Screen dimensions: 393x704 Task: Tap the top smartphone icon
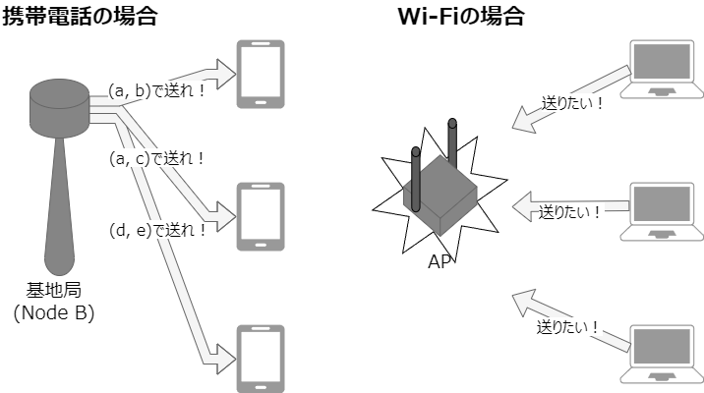click(x=261, y=75)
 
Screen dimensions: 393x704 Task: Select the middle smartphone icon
click(x=261, y=216)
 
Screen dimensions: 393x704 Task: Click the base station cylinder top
click(x=61, y=94)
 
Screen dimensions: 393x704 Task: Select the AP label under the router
click(x=440, y=262)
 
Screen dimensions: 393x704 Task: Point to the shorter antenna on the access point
click(x=416, y=177)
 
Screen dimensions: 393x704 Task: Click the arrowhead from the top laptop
click(x=521, y=124)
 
